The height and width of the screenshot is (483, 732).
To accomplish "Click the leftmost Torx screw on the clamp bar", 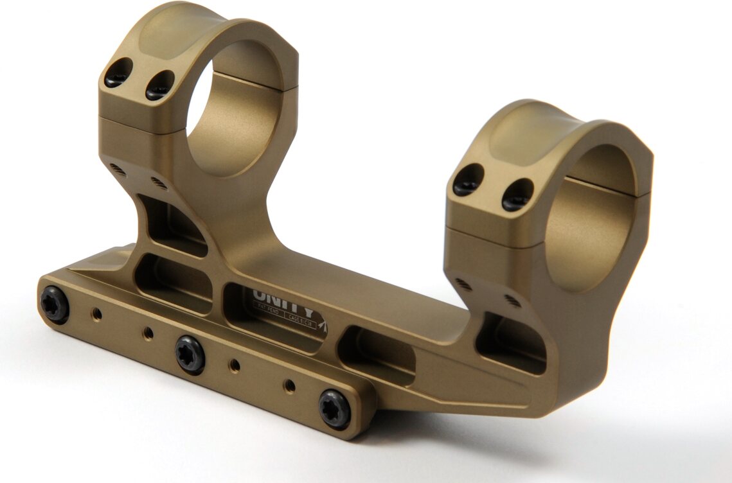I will pyautogui.click(x=54, y=303).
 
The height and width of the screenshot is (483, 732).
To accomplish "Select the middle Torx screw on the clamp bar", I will pyautogui.click(x=190, y=355).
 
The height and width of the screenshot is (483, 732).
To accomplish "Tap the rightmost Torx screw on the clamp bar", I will pyautogui.click(x=335, y=409).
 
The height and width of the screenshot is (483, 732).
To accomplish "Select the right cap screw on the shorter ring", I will pyautogui.click(x=517, y=194).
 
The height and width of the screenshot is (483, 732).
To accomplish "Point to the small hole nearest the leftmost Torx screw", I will pyautogui.click(x=96, y=314).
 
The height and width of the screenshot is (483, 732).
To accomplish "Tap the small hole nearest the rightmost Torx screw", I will pyautogui.click(x=290, y=385).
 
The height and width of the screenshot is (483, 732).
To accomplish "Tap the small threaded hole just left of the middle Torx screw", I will pyautogui.click(x=148, y=333).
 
